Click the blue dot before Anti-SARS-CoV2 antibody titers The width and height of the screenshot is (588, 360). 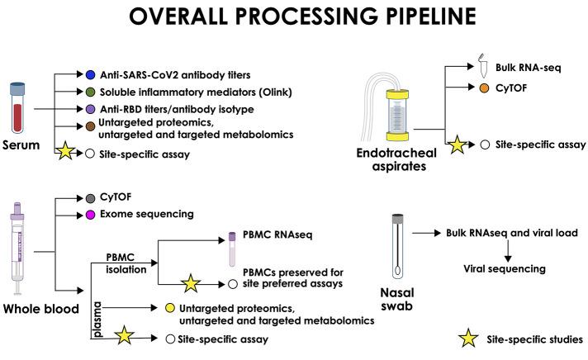click(91, 74)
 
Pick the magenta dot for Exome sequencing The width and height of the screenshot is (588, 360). click(91, 215)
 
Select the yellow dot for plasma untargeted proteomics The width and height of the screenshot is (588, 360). click(169, 308)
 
